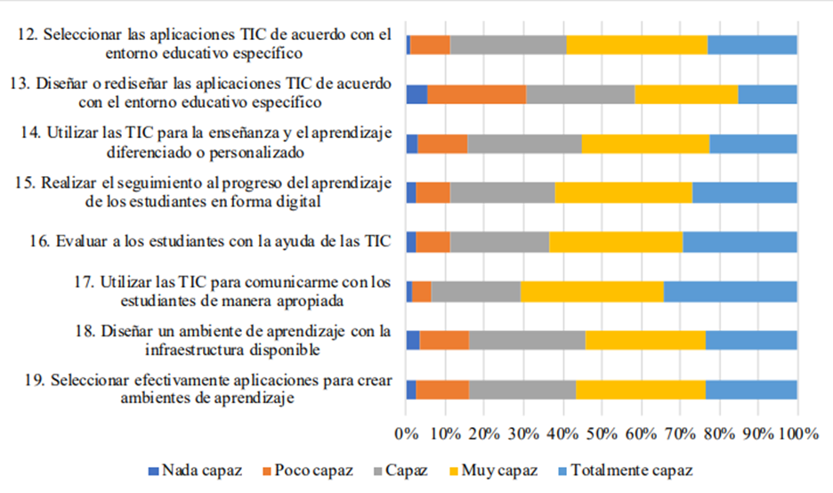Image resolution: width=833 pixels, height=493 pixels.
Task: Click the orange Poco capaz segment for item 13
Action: pyautogui.click(x=476, y=94)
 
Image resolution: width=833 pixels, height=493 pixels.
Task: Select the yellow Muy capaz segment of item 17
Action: pyautogui.click(x=592, y=291)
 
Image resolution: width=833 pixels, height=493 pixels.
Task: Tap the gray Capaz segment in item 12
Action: pyautogui.click(x=508, y=44)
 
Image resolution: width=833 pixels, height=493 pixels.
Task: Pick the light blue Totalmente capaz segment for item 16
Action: pyautogui.click(x=740, y=242)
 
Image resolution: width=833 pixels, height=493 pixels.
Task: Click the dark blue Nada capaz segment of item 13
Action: pyautogui.click(x=416, y=94)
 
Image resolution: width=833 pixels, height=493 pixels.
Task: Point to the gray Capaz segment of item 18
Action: pyautogui.click(x=527, y=340)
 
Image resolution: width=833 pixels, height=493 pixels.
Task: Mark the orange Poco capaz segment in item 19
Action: pyautogui.click(x=442, y=390)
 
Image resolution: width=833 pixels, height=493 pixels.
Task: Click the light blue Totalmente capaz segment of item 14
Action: pyautogui.click(x=753, y=143)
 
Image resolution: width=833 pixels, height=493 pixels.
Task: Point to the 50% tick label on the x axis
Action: pyautogui.click(x=602, y=433)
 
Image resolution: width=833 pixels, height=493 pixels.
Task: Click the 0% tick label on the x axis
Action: pyautogui.click(x=406, y=433)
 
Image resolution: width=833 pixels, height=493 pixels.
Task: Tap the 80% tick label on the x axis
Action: pyautogui.click(x=719, y=433)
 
